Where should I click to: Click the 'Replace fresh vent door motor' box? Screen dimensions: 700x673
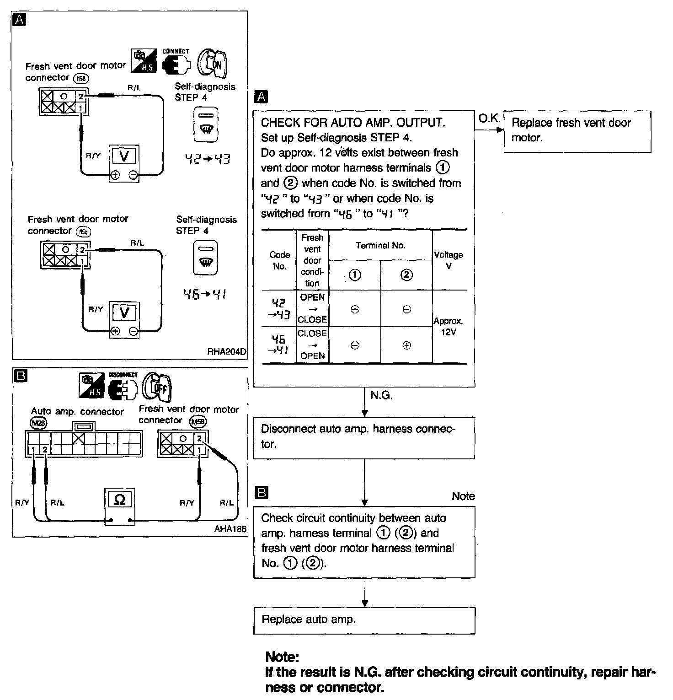[577, 130]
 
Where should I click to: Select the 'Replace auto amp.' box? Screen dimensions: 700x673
[364, 620]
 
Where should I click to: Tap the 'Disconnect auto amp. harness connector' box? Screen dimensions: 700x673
[364, 437]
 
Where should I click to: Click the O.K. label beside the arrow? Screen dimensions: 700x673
[489, 118]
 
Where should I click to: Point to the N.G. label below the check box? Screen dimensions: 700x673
[381, 395]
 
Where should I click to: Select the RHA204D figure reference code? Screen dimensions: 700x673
[226, 352]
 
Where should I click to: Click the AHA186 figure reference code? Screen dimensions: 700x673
[230, 529]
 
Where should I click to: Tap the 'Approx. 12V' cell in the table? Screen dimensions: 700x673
[448, 327]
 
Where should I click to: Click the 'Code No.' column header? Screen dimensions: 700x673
[279, 260]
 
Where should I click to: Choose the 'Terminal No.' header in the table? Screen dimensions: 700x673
[380, 246]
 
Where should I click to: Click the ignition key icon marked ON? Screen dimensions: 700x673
[213, 63]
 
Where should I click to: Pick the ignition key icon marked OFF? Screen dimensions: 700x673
[157, 387]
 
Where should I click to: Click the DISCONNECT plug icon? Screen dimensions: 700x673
[123, 387]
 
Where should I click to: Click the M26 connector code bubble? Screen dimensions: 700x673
[38, 424]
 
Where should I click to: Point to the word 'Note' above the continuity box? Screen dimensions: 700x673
[463, 496]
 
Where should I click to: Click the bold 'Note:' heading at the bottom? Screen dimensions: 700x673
[282, 657]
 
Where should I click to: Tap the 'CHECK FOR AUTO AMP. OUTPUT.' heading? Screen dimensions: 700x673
[353, 123]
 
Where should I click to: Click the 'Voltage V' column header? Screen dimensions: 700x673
[449, 260]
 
